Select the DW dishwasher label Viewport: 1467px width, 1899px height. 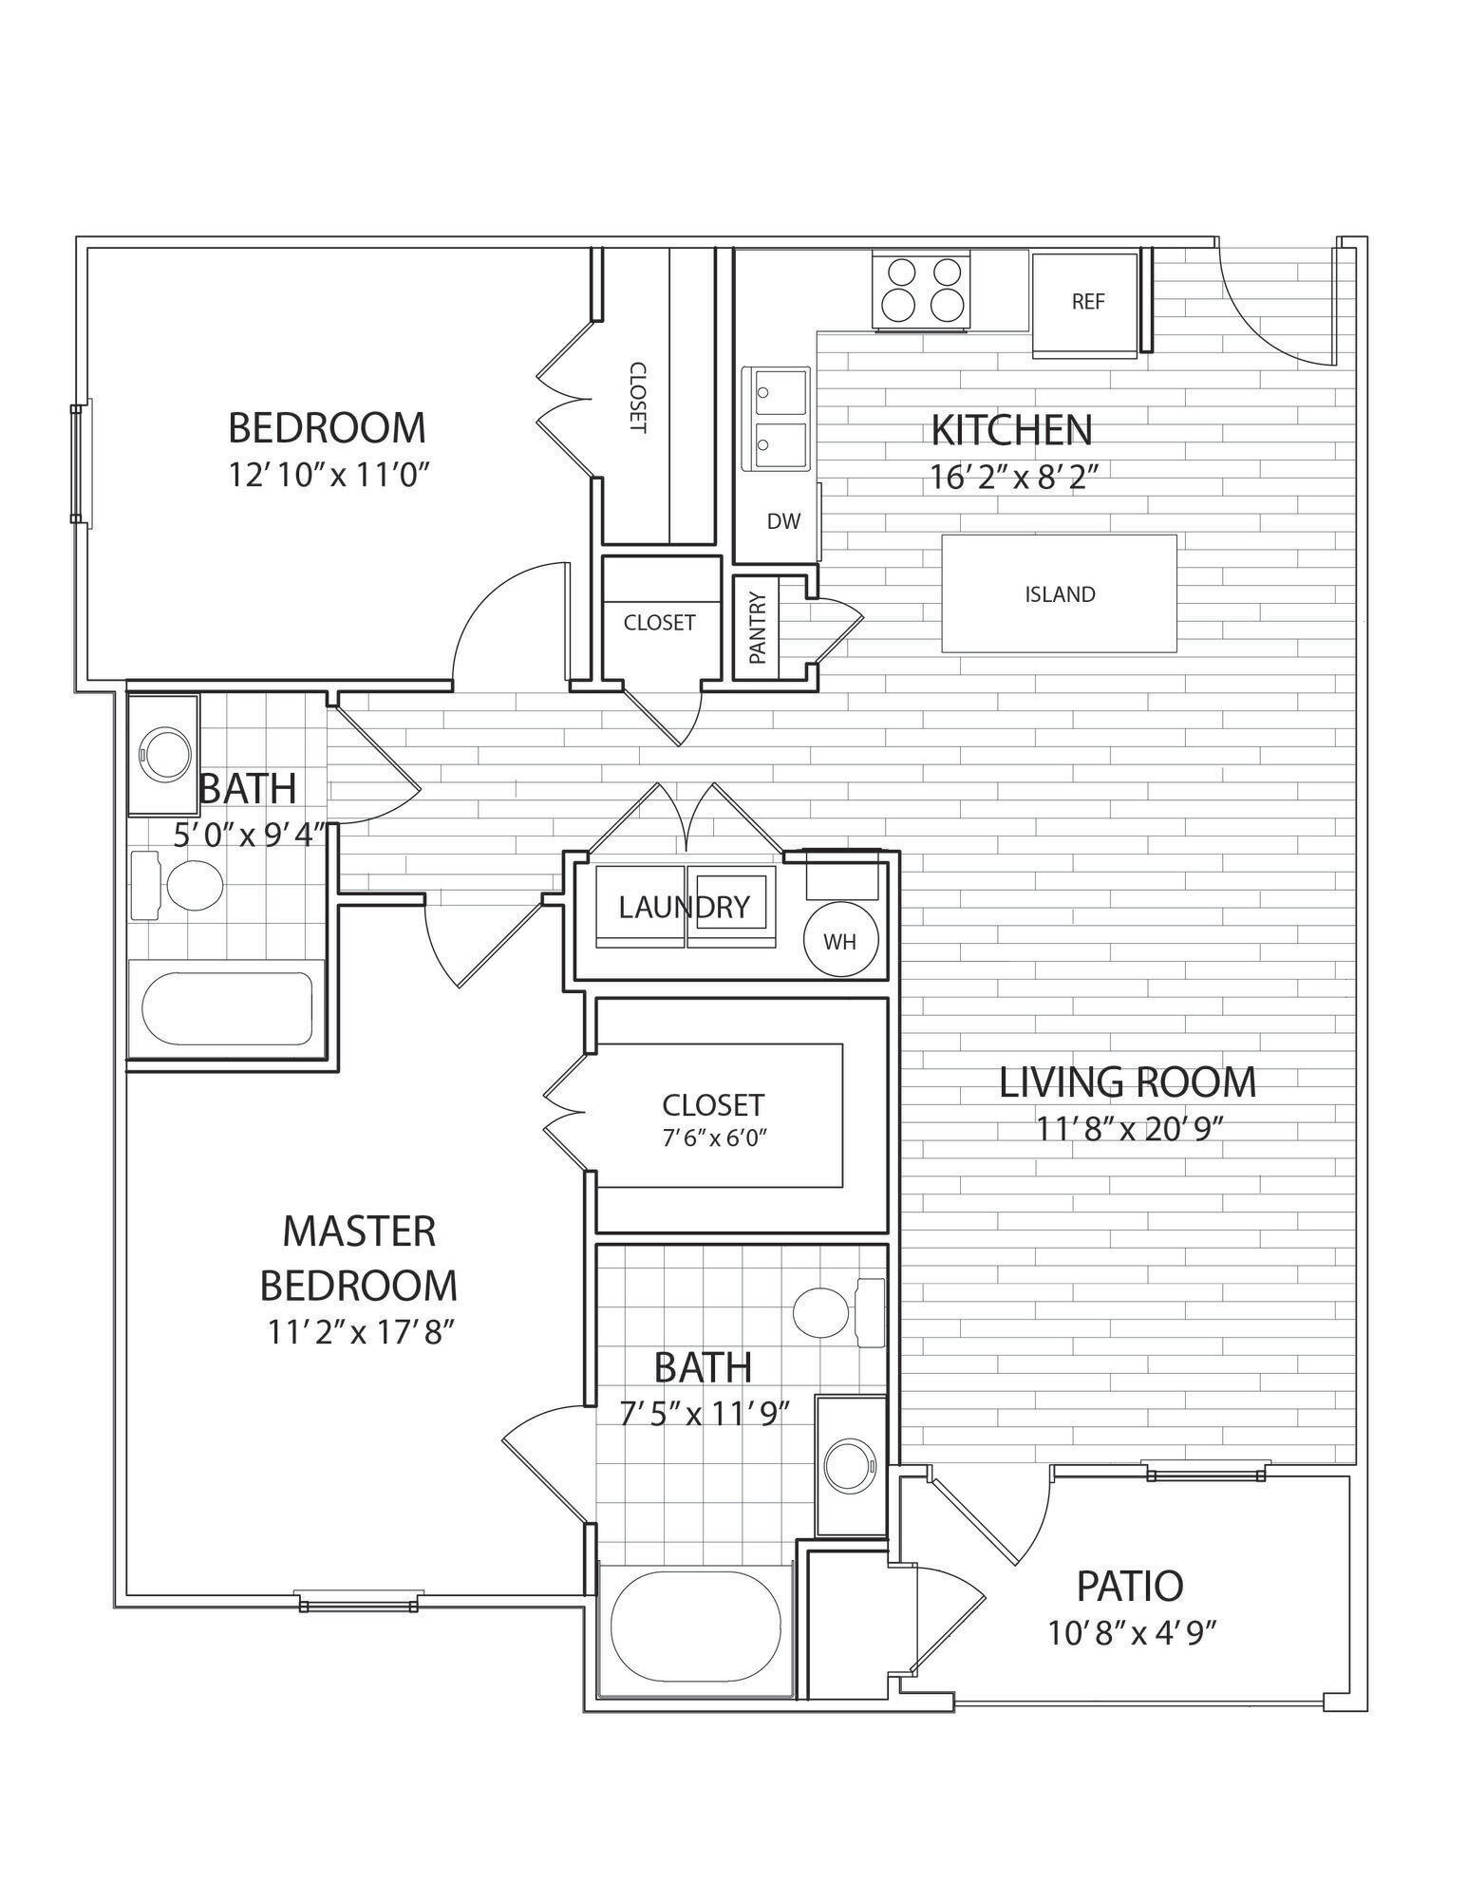click(783, 521)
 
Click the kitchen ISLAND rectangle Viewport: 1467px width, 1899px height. click(1059, 594)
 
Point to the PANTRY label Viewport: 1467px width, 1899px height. click(757, 630)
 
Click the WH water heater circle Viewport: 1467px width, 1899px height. click(839, 941)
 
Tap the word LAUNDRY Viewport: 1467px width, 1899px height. click(684, 908)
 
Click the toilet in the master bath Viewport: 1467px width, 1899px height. click(824, 1312)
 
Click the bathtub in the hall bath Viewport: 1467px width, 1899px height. click(227, 1008)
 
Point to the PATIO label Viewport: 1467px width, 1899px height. click(1129, 1586)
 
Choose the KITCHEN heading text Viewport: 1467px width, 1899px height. click(1011, 430)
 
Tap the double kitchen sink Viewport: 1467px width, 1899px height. click(780, 419)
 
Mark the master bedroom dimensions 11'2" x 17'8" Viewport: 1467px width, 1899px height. click(357, 1333)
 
